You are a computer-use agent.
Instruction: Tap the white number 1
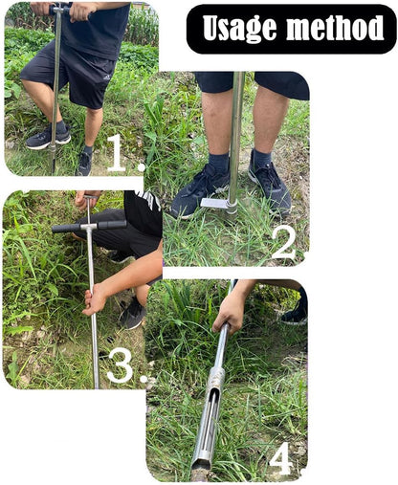tap(117, 153)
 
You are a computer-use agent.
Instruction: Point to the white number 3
tap(119, 364)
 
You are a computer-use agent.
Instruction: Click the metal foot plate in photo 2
tap(216, 204)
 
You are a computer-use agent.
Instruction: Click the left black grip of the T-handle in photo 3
tap(66, 228)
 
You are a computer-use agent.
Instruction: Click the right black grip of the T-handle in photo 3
tap(111, 224)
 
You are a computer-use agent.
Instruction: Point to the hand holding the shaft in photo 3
tap(96, 299)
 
